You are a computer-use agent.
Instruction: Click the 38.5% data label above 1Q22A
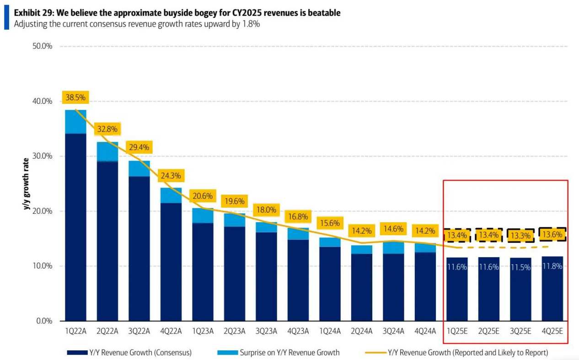75,97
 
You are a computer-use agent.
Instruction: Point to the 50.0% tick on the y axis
41,46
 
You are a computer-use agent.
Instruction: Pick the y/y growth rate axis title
27,183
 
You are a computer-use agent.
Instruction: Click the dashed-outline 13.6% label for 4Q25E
552,235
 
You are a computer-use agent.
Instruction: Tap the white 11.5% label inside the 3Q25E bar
521,267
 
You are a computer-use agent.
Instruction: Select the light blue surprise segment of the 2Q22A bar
107,151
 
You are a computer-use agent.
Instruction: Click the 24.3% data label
171,176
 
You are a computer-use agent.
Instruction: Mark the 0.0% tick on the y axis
43,321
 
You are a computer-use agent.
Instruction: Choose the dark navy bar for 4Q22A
171,261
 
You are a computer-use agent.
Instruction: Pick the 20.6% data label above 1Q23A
203,196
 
